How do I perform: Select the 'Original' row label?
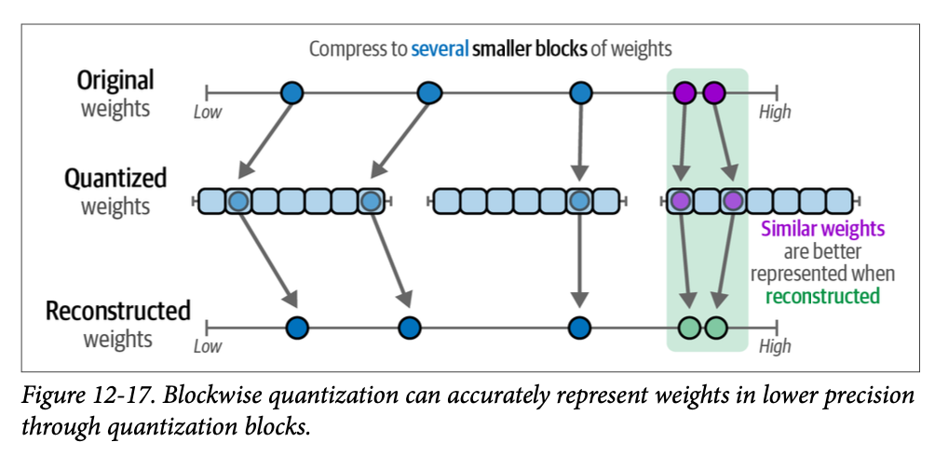tap(115, 80)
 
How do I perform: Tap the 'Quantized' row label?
tap(115, 178)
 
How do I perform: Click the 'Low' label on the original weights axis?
tap(208, 113)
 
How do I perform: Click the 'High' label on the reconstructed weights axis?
tap(775, 346)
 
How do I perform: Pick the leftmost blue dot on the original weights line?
tap(292, 92)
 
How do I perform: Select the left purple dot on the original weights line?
tap(684, 92)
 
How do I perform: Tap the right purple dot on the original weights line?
tap(714, 92)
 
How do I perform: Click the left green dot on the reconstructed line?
tap(688, 328)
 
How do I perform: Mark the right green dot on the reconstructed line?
tap(715, 328)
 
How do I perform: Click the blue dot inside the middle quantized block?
tap(580, 201)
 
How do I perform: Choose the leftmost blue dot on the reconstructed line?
tap(297, 328)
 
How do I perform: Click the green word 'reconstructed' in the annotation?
tap(822, 296)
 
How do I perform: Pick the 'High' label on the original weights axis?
tap(775, 113)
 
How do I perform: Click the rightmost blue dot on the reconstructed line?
tap(579, 328)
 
